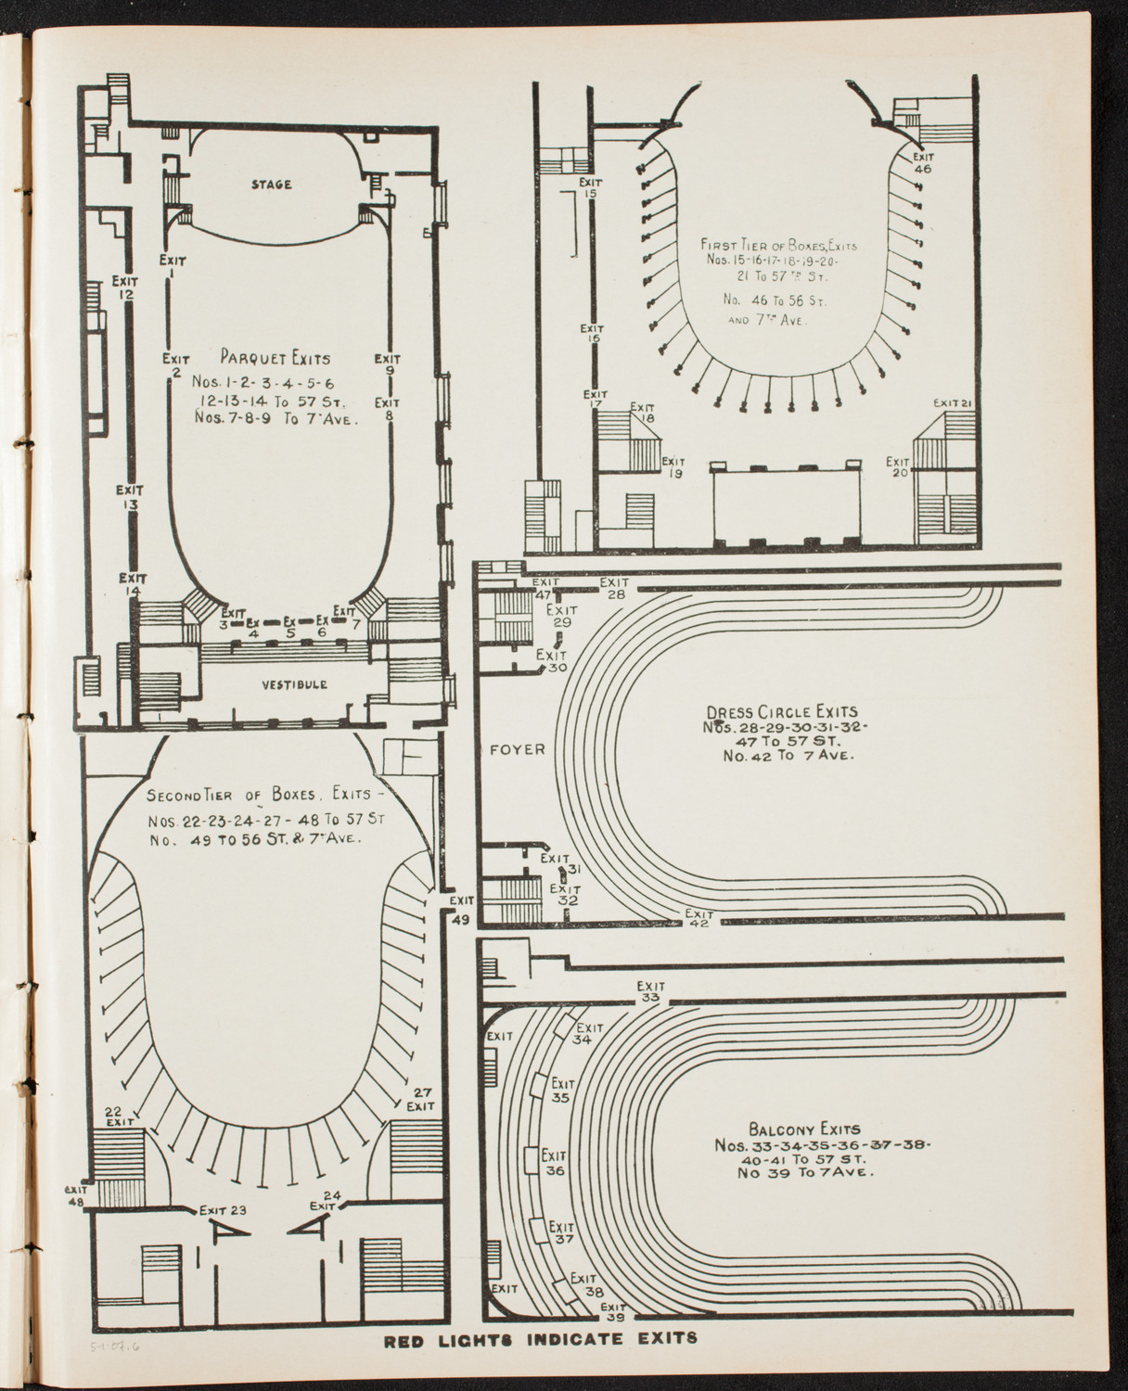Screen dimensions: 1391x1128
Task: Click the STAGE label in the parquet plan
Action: click(x=271, y=185)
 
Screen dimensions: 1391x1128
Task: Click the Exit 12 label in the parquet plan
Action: click(x=125, y=287)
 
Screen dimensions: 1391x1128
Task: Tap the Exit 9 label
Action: click(x=388, y=364)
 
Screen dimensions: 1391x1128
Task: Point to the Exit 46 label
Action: click(x=923, y=162)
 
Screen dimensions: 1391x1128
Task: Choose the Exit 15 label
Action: click(x=591, y=187)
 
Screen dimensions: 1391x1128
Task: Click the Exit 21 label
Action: click(x=952, y=402)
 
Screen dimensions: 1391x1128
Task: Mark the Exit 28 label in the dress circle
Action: click(x=615, y=588)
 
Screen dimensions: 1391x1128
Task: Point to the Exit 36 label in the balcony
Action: click(x=555, y=1164)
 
